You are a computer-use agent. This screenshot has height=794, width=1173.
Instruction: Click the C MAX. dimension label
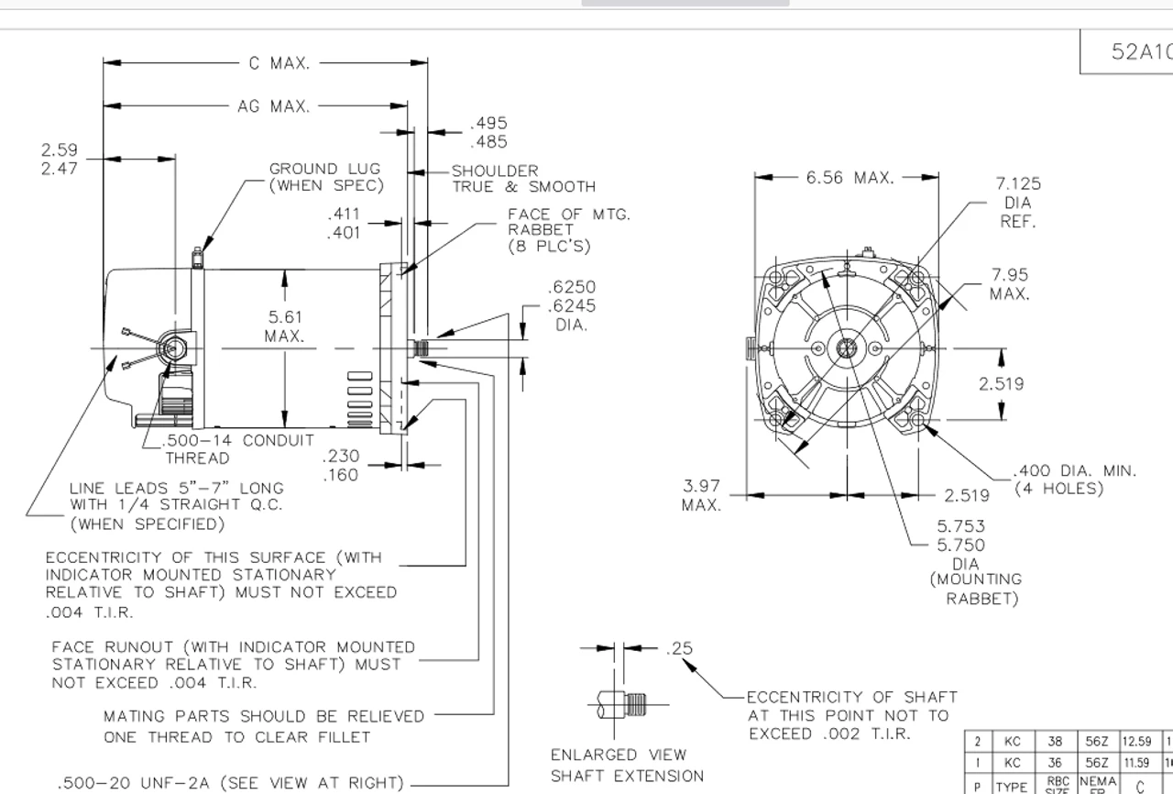pos(280,63)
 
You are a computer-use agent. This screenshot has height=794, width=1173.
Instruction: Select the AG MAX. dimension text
pos(273,106)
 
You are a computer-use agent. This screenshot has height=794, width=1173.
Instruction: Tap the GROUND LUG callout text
pos(324,177)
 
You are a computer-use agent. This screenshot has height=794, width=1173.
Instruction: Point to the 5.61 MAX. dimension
pos(285,326)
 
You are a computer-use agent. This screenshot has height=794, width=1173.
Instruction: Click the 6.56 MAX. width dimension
pos(850,178)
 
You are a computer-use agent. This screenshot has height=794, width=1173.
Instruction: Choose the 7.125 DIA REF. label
pos(1017,203)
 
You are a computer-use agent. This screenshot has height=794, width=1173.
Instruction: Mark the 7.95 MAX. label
pos(1009,284)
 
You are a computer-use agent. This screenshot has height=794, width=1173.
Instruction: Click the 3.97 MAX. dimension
pos(701,495)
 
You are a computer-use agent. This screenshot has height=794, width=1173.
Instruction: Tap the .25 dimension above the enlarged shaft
pos(680,648)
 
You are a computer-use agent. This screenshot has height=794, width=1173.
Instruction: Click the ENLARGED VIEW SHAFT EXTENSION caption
pos(627,765)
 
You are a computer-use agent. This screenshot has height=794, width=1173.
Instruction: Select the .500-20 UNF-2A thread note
pos(230,783)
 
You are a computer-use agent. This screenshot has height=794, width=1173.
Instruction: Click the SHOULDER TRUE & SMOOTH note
pos(523,179)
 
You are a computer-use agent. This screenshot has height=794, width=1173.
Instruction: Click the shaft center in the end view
pos(845,348)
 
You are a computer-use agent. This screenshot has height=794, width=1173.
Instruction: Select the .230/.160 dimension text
pos(341,465)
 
